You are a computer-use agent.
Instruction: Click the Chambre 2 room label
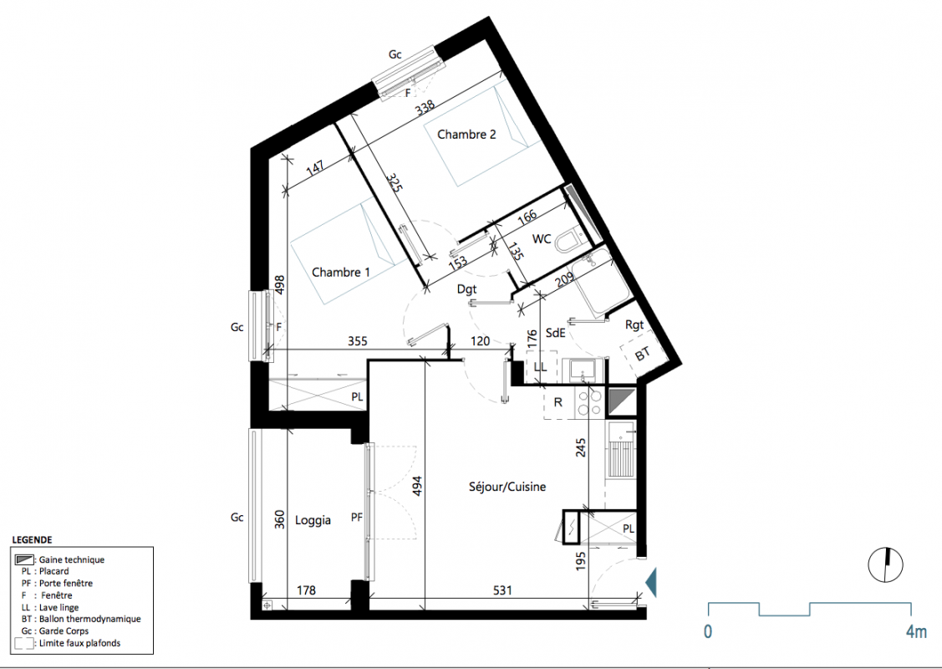(466, 135)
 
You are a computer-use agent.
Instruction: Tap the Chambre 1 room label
(341, 273)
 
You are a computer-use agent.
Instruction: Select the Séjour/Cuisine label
(507, 487)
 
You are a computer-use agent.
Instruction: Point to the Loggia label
(313, 520)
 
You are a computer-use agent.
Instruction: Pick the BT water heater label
(642, 355)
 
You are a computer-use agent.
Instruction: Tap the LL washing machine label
(540, 366)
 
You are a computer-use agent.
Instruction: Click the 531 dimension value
(502, 590)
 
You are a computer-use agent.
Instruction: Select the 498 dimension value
(279, 284)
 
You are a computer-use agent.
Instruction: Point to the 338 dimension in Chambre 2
(425, 108)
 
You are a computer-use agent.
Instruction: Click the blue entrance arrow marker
(650, 582)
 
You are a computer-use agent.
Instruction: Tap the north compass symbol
(885, 565)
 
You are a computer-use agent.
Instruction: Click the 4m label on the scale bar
(916, 631)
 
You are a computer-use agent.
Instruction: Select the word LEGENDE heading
(32, 539)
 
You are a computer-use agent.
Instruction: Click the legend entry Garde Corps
(54, 631)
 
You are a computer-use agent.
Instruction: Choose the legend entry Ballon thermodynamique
(80, 619)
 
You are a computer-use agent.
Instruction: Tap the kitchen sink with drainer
(621, 449)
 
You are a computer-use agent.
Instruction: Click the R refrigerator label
(558, 402)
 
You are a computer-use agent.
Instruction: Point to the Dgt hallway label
(466, 289)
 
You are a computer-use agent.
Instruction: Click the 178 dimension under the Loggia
(306, 590)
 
